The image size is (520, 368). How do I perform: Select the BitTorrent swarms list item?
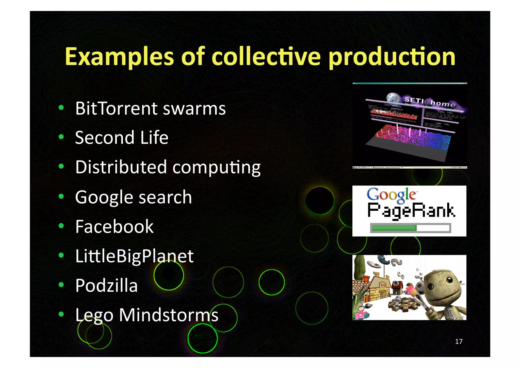(150, 109)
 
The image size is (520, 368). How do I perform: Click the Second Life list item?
(122, 138)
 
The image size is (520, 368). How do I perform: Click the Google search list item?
(133, 197)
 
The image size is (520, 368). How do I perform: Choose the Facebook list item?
(114, 226)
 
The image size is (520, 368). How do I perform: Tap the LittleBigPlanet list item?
(134, 256)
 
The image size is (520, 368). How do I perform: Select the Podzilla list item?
(106, 285)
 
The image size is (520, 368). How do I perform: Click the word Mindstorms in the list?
(169, 315)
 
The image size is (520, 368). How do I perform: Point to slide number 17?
(459, 341)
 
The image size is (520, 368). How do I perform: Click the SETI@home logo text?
(430, 102)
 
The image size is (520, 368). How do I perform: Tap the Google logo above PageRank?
(391, 195)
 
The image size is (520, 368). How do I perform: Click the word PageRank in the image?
(411, 211)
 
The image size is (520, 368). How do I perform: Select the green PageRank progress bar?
(394, 228)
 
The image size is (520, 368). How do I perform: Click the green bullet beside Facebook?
(61, 226)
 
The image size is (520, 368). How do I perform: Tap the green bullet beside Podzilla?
(61, 285)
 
